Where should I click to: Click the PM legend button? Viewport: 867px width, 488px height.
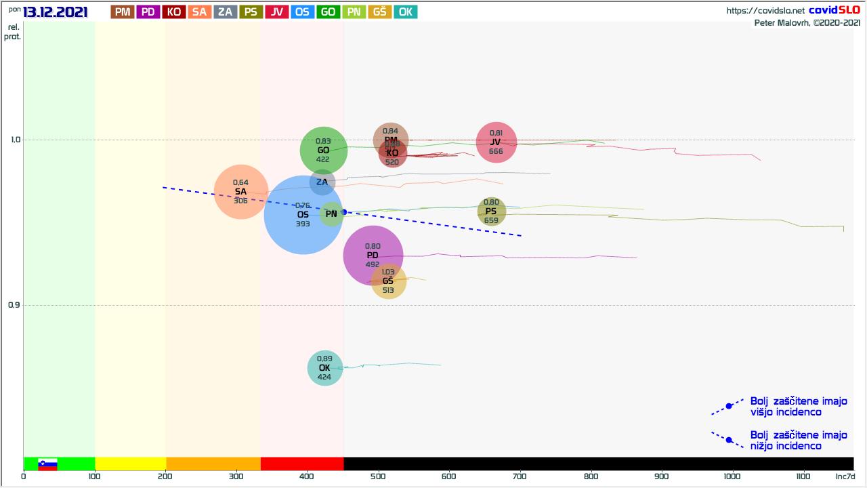pos(123,12)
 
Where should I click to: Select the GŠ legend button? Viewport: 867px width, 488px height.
pos(380,12)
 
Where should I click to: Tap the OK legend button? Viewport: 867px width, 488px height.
pos(405,12)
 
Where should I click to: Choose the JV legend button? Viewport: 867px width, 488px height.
pos(276,12)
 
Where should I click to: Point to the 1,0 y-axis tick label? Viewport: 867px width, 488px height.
pos(14,140)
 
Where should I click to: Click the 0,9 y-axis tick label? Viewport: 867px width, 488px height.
pos(14,305)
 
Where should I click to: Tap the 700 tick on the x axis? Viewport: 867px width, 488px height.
pos(520,476)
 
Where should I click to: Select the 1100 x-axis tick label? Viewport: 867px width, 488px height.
pos(803,476)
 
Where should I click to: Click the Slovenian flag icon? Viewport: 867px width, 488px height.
pos(47,464)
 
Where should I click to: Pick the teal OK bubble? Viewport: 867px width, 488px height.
pos(325,368)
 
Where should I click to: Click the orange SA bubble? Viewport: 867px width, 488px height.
pos(241,192)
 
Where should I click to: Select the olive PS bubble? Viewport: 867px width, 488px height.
pos(492,211)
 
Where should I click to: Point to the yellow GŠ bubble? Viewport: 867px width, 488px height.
pos(388,281)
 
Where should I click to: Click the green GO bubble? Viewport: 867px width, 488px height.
pos(324,150)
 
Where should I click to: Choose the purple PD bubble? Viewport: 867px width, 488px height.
pos(373,256)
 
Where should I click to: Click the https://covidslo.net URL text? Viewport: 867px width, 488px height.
pos(765,11)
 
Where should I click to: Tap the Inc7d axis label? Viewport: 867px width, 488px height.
pos(845,476)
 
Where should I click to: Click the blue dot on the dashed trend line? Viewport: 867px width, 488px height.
pos(344,212)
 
